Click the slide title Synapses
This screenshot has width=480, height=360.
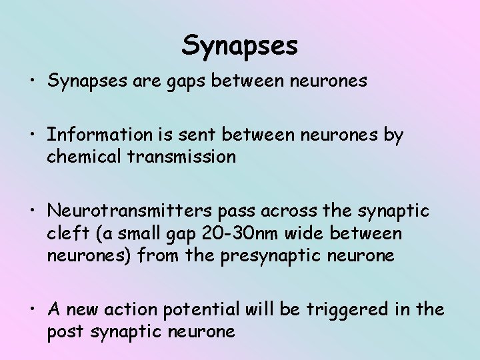(240, 45)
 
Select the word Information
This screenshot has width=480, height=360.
(100, 135)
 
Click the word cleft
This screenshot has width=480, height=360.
(64, 233)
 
